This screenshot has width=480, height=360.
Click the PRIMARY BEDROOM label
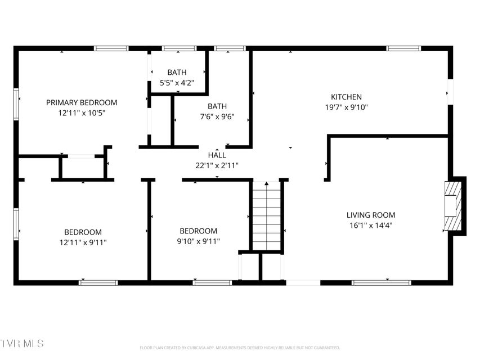(82, 102)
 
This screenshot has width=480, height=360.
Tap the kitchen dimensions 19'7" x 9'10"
(346, 107)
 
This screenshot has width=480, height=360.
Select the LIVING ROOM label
(371, 215)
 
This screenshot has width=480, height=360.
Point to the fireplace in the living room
(453, 206)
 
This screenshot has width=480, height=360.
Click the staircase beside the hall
(266, 216)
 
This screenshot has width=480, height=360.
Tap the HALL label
(217, 155)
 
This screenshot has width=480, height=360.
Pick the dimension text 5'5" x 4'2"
(177, 83)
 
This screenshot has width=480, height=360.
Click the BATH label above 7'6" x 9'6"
(217, 106)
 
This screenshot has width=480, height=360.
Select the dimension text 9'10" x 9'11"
(199, 241)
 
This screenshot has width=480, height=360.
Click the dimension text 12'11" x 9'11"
(83, 242)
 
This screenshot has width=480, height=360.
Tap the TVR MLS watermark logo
(22, 343)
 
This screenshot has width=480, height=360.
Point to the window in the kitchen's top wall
(403, 48)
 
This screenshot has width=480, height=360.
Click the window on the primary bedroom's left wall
(16, 104)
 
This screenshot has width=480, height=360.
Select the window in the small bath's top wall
(179, 48)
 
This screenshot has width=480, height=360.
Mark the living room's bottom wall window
(381, 283)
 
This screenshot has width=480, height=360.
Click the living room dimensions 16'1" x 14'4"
(371, 226)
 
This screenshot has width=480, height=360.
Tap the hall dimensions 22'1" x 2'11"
(217, 165)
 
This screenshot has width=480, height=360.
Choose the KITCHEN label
(346, 97)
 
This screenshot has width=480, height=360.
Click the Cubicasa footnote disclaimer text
(240, 348)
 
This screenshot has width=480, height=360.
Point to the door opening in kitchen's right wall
(450, 92)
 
